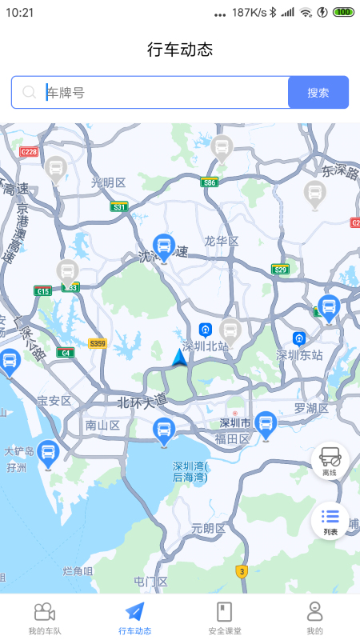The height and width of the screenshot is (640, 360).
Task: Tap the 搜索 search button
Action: [318, 92]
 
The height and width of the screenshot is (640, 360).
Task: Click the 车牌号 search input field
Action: [160, 92]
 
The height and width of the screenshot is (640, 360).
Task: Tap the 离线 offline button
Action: [330, 462]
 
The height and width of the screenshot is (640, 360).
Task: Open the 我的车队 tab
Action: [45, 618]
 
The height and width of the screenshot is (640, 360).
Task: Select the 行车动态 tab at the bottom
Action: [134, 618]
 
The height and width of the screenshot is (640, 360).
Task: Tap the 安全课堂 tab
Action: [225, 618]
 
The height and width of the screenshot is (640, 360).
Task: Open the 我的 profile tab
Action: [314, 618]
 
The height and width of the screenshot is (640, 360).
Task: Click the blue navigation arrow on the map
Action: [180, 358]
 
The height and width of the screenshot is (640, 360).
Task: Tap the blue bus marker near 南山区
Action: [164, 430]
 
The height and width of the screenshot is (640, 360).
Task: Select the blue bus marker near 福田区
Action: [266, 424]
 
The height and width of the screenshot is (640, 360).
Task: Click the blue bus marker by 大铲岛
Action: [48, 454]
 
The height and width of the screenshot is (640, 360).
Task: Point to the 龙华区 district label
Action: [221, 241]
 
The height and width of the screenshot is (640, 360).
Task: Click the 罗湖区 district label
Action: [311, 408]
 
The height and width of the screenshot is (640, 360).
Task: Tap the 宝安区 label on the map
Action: [54, 400]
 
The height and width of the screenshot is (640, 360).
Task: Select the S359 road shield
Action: [97, 343]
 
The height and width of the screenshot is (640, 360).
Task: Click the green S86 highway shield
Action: [210, 182]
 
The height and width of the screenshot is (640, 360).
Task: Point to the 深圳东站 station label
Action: [299, 354]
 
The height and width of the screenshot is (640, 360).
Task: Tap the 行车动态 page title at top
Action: [180, 49]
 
